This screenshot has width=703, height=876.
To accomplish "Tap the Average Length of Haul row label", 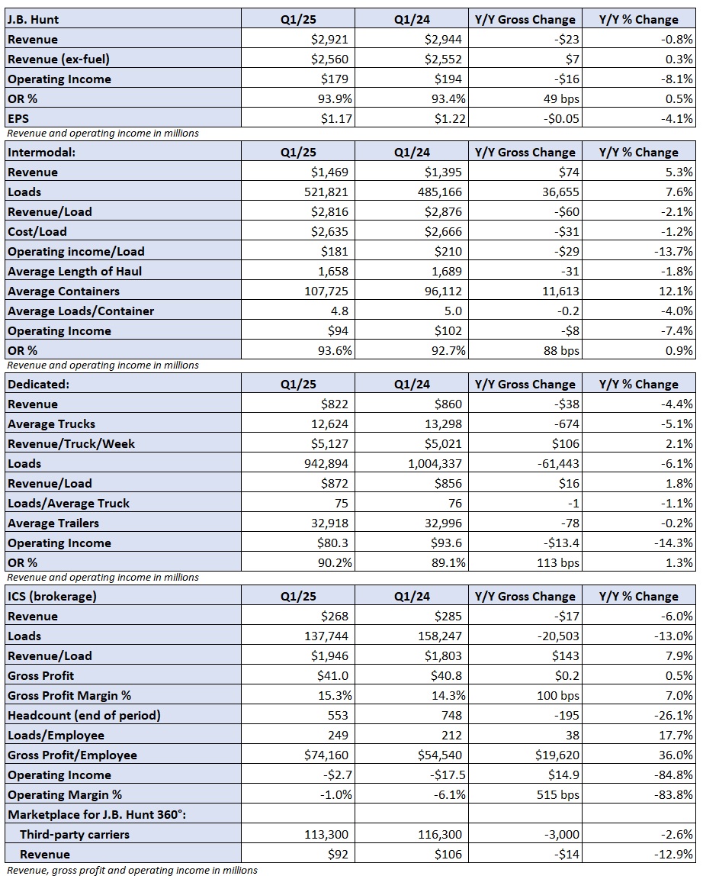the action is pos(75,272).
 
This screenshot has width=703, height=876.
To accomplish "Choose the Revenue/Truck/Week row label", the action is pos(72,444).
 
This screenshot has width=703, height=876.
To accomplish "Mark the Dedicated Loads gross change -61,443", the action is pos(558,464).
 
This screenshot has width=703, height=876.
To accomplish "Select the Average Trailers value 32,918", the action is pos(329,523).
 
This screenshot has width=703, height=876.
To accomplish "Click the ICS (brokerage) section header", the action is pos(52,596).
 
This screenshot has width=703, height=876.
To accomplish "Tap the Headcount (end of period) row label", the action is pos(85,716).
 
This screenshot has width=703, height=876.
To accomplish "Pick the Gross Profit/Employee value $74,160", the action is pos(326,755).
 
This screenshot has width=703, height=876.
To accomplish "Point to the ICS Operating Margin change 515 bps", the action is pos(558,795).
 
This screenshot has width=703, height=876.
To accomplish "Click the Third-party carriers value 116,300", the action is pos(440,835).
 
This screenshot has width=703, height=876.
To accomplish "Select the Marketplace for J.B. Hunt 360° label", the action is pos(97,814).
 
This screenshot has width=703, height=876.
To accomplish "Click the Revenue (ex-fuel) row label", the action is pos(59,60).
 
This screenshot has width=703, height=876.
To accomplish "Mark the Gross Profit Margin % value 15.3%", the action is pos(335,696).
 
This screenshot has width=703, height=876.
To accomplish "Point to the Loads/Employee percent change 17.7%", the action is pos(676,736).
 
